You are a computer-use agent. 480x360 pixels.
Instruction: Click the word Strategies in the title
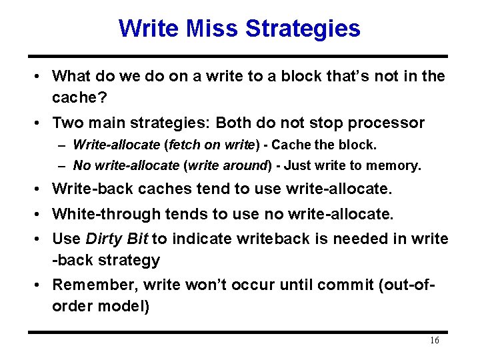tap(303, 29)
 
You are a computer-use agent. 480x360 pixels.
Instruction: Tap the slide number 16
tap(434, 341)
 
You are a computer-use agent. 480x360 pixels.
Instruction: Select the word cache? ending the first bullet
tap(77, 97)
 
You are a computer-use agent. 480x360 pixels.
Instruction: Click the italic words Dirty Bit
tap(117, 239)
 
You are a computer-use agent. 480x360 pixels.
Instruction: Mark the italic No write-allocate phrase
tap(127, 165)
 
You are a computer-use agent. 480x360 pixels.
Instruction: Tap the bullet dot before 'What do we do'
tap(40, 76)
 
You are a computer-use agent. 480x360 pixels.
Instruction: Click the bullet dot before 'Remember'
tap(40, 285)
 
